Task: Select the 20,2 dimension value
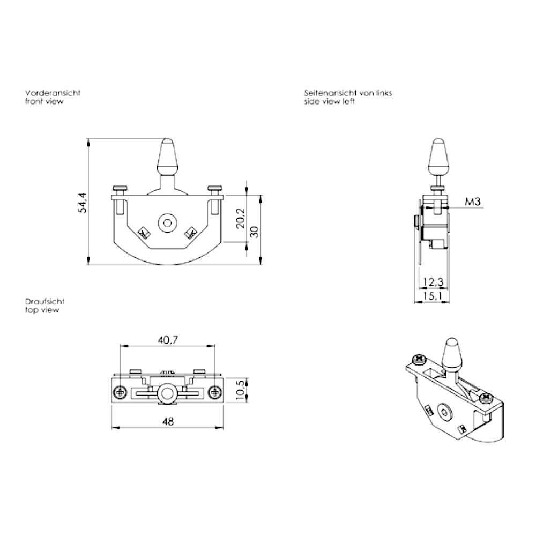coord(240,218)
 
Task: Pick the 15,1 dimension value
coord(432,295)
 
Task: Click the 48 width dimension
coord(168,422)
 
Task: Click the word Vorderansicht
coord(53,93)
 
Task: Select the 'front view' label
coord(44,101)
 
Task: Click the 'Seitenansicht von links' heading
coord(348,93)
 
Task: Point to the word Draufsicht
coord(44,302)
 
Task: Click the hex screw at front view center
coord(167,222)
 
